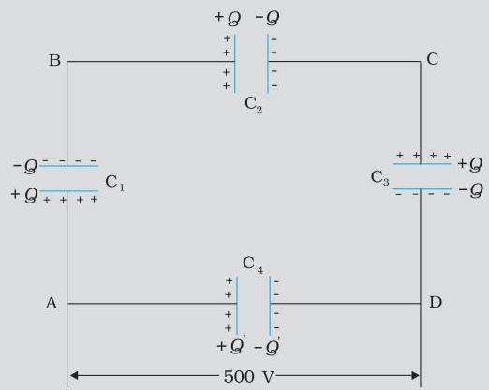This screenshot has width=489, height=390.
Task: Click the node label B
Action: coord(54,60)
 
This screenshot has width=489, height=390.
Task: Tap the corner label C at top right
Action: coord(433,59)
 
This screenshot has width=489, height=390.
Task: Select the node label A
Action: coord(52,303)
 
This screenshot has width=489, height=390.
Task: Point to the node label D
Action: coord(436,302)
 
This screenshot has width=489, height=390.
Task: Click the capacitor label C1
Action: coord(114,183)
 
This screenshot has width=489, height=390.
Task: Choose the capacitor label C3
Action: coord(379,178)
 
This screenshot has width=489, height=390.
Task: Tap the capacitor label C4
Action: coord(253,264)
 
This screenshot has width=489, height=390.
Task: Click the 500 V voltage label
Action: coord(249,376)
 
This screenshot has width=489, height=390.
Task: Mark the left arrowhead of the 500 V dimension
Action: coord(70,375)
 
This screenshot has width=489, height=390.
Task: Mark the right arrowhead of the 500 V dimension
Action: coord(418,375)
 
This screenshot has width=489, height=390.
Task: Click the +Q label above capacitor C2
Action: coord(228,18)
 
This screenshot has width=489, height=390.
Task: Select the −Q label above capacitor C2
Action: coord(267,18)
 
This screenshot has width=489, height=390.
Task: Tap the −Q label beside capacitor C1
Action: coord(25,166)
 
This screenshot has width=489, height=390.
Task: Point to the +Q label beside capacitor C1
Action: coord(24,195)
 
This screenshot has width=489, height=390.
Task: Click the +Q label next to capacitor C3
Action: coord(470,164)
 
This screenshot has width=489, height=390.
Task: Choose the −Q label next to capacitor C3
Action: coord(471,190)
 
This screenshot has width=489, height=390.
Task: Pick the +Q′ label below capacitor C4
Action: coord(231,345)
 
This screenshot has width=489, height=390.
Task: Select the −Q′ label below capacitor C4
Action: coord(267,347)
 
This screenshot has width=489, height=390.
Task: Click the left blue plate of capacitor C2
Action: coord(234,63)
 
